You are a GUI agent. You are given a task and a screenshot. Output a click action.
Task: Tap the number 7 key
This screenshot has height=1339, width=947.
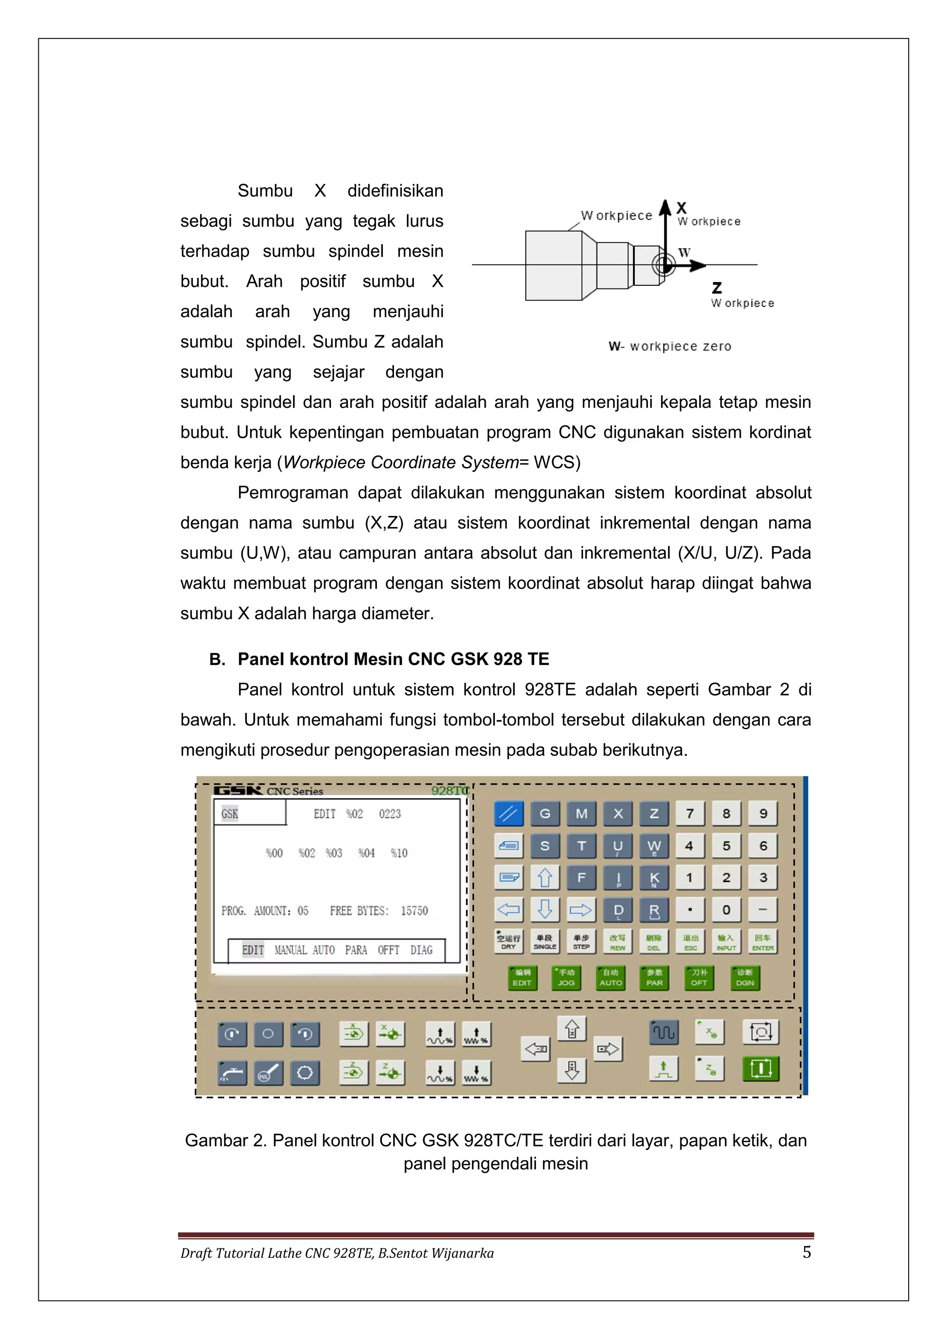click(690, 814)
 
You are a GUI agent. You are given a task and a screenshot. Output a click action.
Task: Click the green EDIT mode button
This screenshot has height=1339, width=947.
click(522, 978)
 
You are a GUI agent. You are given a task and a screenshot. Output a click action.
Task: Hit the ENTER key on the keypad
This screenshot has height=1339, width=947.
click(763, 941)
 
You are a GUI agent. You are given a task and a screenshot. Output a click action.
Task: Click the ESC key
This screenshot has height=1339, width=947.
click(690, 941)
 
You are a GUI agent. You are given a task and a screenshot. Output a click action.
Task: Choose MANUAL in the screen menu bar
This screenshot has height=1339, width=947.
click(290, 950)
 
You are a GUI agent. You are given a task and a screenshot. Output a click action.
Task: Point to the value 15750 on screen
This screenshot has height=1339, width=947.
click(414, 911)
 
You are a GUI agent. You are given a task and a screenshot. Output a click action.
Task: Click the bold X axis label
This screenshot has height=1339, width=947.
click(681, 208)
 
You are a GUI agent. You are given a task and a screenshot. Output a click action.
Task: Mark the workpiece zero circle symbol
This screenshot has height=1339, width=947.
click(664, 265)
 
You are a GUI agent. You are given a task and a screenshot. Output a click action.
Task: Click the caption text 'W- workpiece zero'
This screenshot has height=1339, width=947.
click(670, 346)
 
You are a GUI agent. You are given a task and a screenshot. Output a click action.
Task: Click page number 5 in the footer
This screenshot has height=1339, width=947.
click(806, 1252)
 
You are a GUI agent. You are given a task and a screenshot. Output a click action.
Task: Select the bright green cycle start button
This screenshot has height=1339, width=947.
click(761, 1069)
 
